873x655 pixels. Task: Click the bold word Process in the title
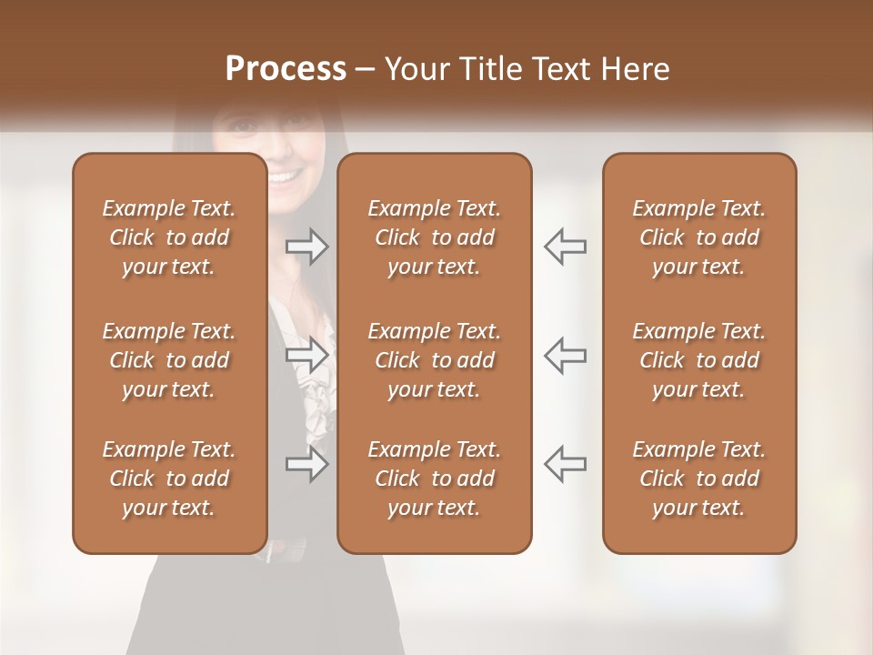(286, 68)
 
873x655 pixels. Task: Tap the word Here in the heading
(634, 68)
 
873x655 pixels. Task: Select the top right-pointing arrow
(307, 247)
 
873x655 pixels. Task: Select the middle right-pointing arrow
(307, 356)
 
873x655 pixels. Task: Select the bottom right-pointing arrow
(307, 464)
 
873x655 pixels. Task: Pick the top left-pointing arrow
(566, 247)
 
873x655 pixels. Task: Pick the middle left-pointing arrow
(566, 356)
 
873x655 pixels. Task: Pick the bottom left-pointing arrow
(566, 464)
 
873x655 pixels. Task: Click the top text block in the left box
(169, 237)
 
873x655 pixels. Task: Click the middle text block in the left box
(169, 360)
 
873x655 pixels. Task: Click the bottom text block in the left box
(169, 479)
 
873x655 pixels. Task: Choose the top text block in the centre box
(435, 237)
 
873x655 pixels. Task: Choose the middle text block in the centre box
(435, 360)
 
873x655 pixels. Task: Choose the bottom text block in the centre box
(435, 479)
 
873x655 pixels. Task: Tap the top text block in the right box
(699, 237)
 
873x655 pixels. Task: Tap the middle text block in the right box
(699, 360)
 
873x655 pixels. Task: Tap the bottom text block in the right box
(699, 479)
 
